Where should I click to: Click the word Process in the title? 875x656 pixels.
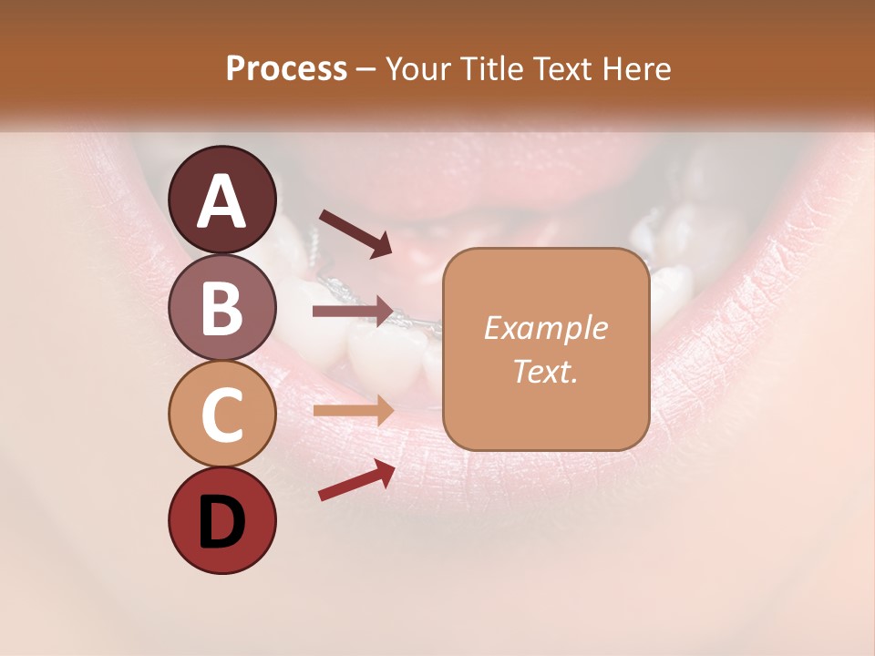pyautogui.click(x=287, y=69)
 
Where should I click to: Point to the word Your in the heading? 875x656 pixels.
pyautogui.click(x=418, y=69)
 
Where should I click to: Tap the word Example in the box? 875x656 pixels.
pyautogui.click(x=545, y=329)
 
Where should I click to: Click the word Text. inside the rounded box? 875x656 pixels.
pyautogui.click(x=545, y=371)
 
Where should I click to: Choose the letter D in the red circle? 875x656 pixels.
pyautogui.click(x=221, y=522)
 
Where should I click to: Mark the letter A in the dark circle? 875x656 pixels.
pyautogui.click(x=221, y=201)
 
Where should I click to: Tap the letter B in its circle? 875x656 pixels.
pyautogui.click(x=221, y=308)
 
